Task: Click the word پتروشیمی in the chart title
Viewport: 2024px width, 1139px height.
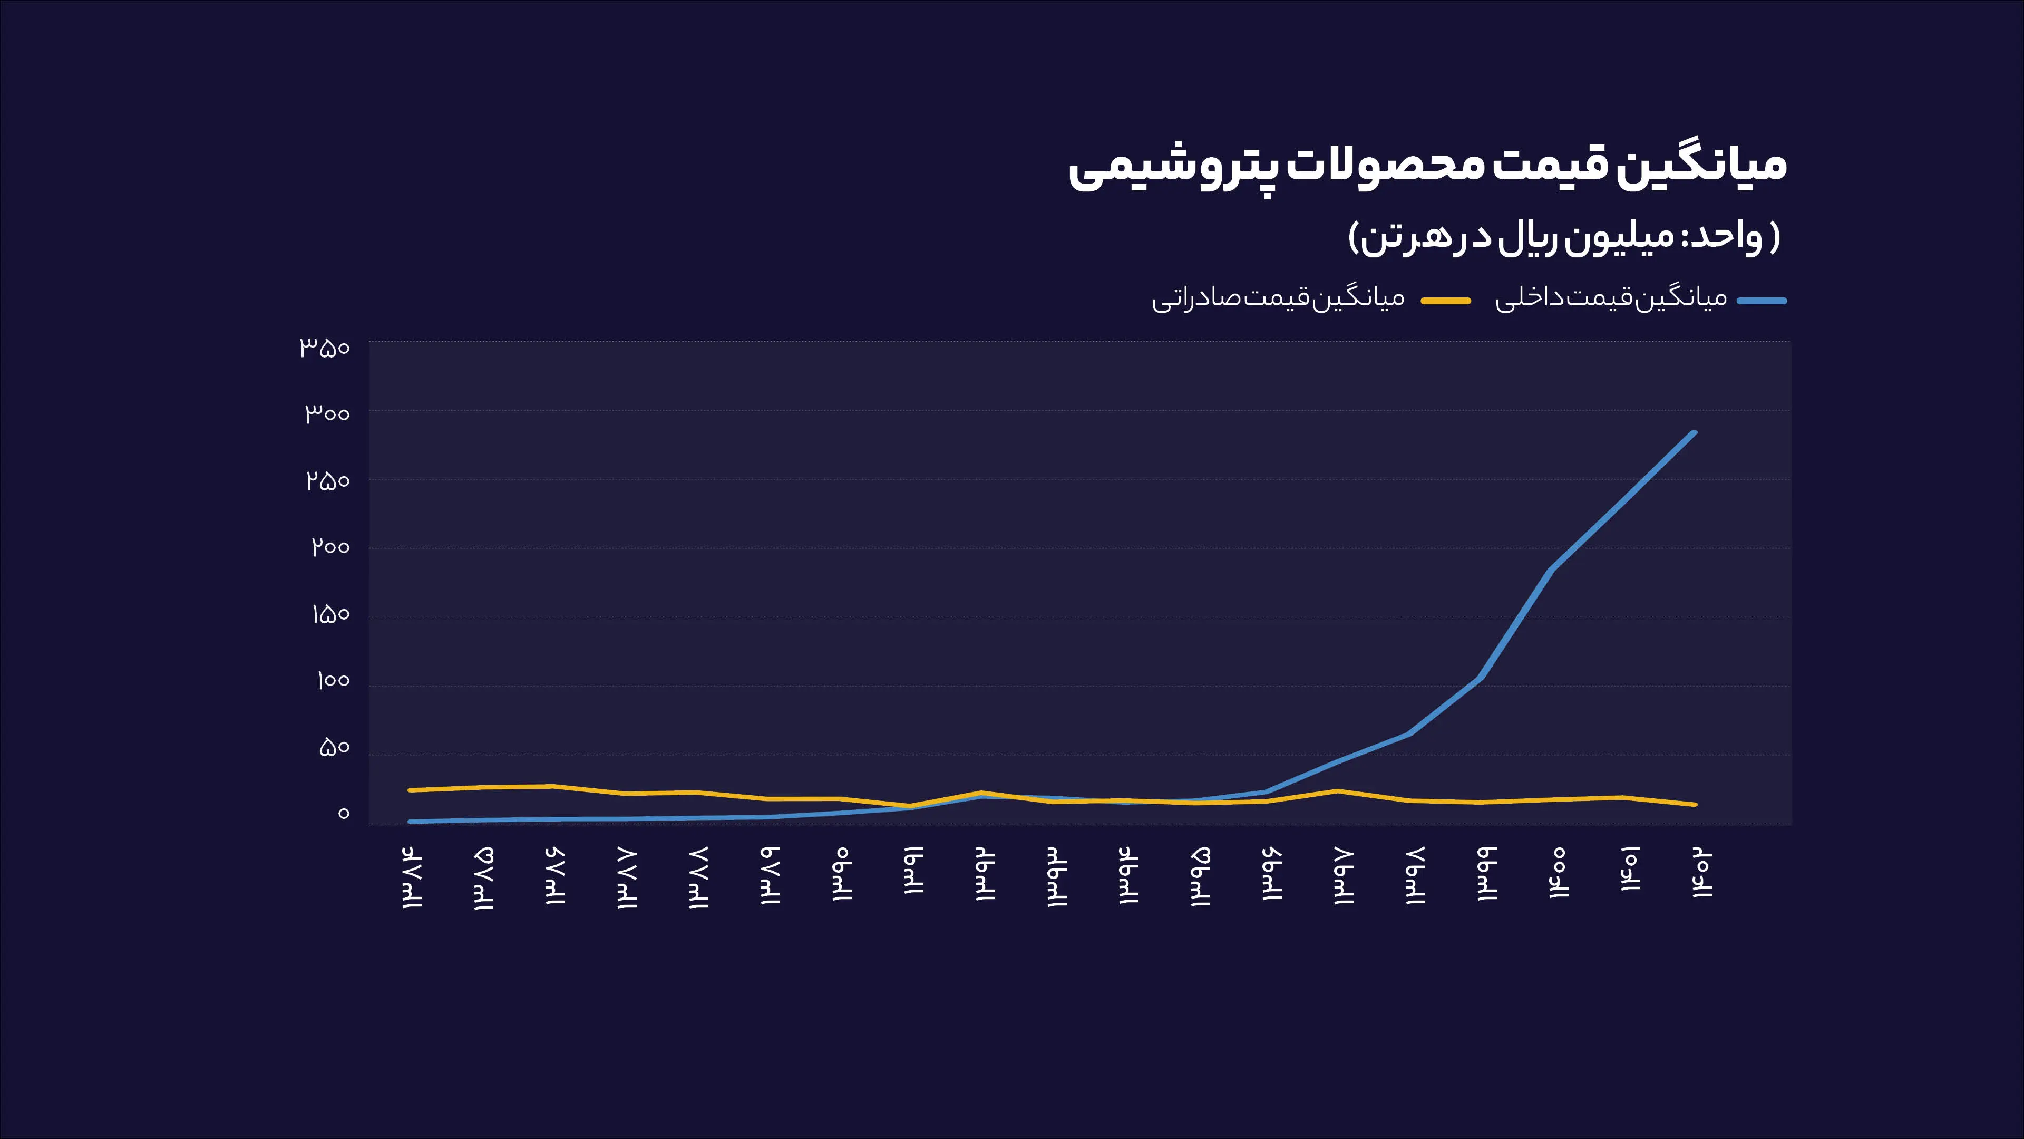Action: [1171, 167]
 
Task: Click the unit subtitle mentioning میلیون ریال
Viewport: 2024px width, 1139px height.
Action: [1563, 237]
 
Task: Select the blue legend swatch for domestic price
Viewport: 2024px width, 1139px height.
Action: [1762, 300]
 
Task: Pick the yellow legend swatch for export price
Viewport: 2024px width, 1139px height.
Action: [1446, 300]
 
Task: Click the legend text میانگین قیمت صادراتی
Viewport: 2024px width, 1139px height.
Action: [1278, 298]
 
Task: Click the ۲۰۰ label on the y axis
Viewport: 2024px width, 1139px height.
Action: [330, 546]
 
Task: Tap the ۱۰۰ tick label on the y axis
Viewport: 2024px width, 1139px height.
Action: [333, 680]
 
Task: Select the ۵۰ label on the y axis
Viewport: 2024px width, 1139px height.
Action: [334, 747]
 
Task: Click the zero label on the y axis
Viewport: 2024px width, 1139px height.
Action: [343, 814]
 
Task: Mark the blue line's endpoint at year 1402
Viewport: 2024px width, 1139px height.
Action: [1694, 433]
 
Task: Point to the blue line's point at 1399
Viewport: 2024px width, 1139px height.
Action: [1480, 678]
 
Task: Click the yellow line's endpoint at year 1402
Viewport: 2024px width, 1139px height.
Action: [1694, 804]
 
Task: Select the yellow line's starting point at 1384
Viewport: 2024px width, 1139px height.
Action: [410, 790]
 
